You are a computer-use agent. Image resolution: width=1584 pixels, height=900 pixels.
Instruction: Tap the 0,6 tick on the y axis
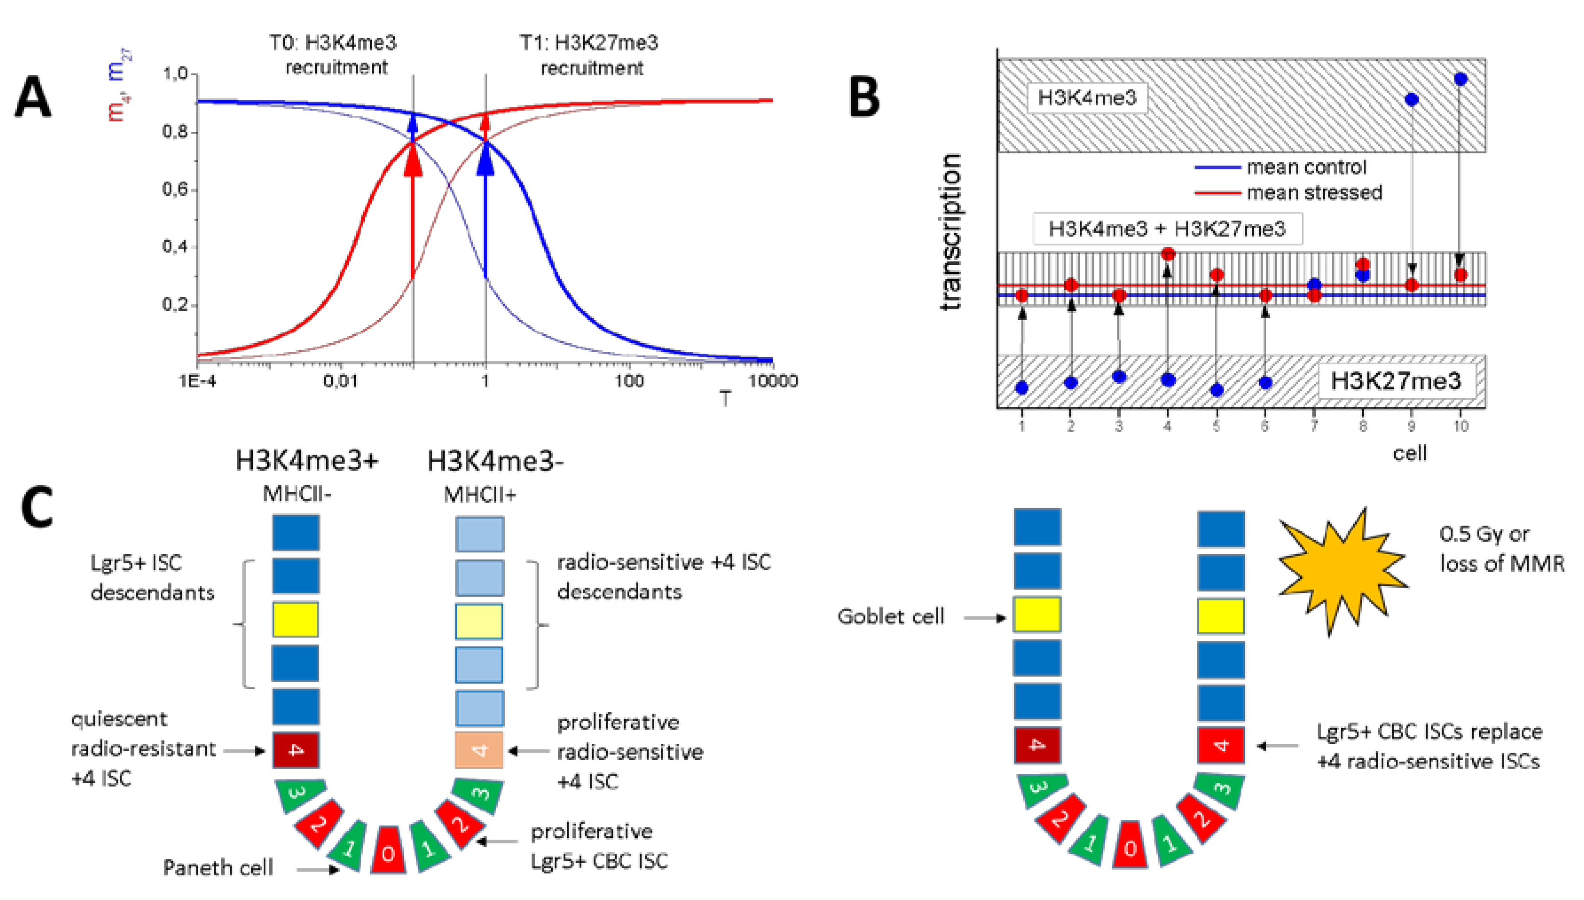(175, 189)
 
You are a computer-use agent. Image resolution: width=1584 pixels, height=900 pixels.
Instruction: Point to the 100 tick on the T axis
(628, 381)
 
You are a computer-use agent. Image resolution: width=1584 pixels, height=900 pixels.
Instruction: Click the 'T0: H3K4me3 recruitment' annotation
(334, 55)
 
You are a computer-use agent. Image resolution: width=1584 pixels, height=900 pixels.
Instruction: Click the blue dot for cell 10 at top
(1460, 79)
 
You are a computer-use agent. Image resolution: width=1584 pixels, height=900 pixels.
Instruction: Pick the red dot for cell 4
(1167, 254)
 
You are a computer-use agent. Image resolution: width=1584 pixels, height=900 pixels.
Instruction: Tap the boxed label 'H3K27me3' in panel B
(1395, 381)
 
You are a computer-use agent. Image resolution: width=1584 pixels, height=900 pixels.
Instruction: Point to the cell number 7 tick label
(1314, 426)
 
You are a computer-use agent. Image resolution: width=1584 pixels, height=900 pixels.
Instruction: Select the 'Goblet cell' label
(891, 616)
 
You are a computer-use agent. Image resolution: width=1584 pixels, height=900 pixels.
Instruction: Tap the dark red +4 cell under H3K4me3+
(296, 750)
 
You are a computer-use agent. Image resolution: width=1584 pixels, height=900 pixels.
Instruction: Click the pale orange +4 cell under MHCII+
(479, 750)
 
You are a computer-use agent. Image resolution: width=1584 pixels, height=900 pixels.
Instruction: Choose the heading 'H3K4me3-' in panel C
(494, 461)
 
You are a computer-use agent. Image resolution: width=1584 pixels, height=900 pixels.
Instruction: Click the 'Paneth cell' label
(217, 868)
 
